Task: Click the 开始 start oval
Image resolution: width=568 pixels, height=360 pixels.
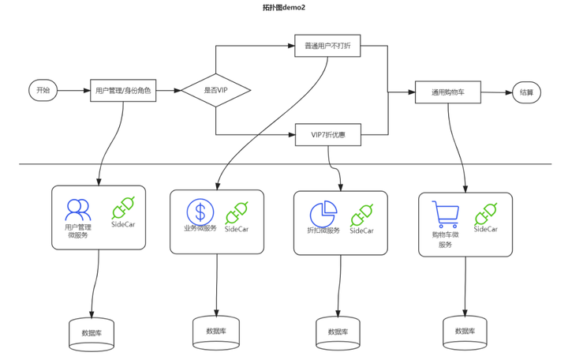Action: tap(43, 90)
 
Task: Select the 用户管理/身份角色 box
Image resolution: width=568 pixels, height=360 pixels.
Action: tap(123, 90)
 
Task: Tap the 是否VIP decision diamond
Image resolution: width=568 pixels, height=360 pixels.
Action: tap(216, 90)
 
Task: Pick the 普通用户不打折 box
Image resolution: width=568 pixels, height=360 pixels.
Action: tap(327, 46)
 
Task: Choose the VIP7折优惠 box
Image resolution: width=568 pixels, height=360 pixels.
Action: tap(328, 135)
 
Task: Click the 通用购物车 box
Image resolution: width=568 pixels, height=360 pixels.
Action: tap(448, 92)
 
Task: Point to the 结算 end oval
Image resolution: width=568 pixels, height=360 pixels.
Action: tap(527, 92)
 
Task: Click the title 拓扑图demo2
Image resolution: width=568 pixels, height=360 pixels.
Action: tap(284, 8)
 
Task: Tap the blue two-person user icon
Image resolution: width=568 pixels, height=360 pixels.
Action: tap(78, 210)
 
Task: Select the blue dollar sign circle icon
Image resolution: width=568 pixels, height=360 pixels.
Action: tap(200, 212)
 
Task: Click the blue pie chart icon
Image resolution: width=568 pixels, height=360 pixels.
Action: tap(323, 214)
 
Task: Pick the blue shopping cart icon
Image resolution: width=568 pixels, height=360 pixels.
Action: tap(446, 215)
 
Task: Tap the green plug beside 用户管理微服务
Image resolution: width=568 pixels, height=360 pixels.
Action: tap(123, 208)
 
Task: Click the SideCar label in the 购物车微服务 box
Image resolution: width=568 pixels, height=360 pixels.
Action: tap(486, 229)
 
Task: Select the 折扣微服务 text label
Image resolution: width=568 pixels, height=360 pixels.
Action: tap(323, 231)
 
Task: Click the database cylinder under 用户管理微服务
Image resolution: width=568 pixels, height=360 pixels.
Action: tap(92, 334)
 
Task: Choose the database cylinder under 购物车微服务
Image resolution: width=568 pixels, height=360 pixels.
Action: tap(465, 333)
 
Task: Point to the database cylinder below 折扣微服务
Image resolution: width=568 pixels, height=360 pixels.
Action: tap(338, 333)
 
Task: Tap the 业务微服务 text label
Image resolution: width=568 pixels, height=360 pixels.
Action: tap(200, 228)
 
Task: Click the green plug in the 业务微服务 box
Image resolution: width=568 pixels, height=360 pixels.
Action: tap(237, 213)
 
